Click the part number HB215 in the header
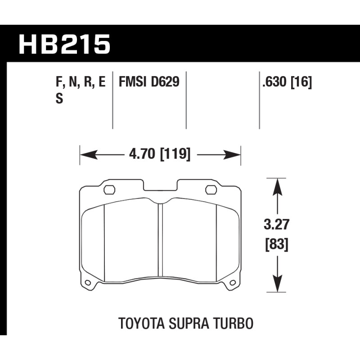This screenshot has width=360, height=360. click(x=64, y=44)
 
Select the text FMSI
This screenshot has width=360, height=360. click(x=132, y=82)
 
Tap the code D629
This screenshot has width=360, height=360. click(x=165, y=82)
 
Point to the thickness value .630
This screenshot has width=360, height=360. click(x=274, y=82)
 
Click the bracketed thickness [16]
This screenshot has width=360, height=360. click(x=301, y=82)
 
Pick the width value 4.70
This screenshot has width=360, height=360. click(x=142, y=154)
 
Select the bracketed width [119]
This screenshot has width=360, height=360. click(x=175, y=154)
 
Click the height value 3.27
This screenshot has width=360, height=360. click(x=276, y=224)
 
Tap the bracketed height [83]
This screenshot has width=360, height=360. click(x=276, y=245)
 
